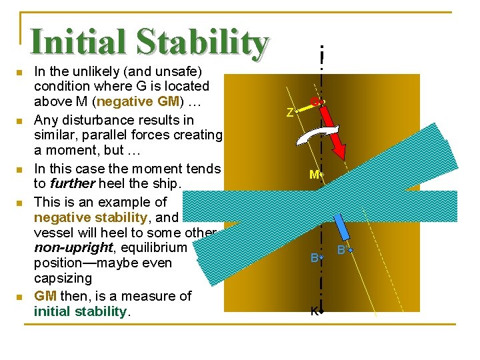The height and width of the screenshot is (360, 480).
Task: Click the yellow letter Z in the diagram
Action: point(289,113)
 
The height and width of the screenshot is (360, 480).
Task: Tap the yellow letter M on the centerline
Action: point(313,175)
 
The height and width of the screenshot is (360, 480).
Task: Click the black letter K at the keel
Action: point(313,311)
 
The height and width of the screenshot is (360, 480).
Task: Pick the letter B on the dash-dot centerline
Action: point(313,257)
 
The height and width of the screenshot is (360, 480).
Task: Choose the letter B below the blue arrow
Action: point(341,251)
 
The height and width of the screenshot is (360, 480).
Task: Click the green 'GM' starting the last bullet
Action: point(45,295)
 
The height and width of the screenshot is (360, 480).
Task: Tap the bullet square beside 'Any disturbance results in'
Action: point(20,121)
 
